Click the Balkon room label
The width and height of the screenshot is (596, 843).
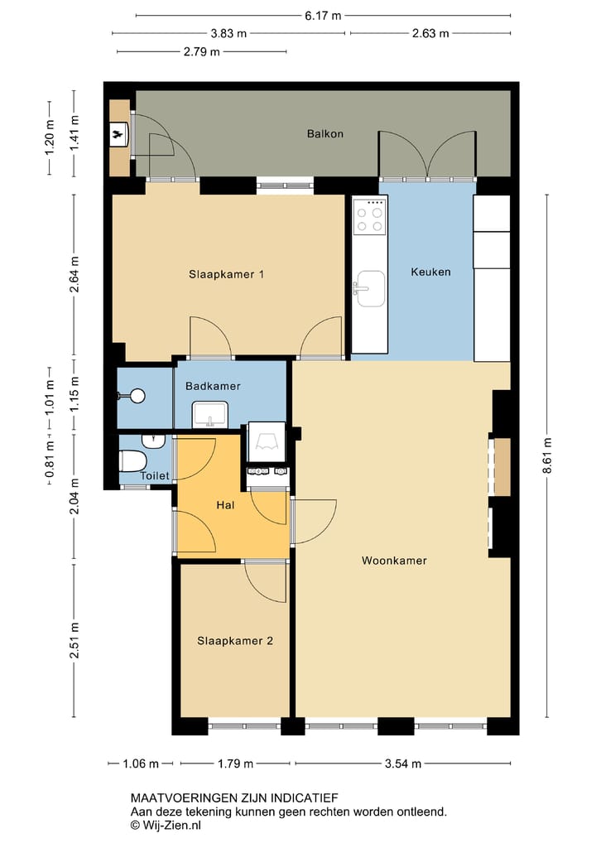324,134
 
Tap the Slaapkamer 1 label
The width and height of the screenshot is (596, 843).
226,274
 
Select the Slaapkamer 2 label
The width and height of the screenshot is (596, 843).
235,641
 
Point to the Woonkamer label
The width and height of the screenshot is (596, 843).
394,561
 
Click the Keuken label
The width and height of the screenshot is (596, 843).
430,272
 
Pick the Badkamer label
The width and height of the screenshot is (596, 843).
213,386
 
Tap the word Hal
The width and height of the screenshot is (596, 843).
225,505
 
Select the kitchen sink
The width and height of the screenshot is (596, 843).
369,289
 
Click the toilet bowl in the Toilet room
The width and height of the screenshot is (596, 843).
132,461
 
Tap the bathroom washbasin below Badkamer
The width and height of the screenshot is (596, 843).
209,415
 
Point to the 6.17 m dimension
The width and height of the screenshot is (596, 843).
323,16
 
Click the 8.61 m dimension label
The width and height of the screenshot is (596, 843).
547,455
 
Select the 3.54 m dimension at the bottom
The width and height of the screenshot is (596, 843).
403,764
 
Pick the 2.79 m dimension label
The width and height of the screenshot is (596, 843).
201,51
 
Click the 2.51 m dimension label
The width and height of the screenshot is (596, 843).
74,640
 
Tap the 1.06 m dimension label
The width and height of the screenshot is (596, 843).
141,764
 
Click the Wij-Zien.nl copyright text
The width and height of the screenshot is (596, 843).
166,826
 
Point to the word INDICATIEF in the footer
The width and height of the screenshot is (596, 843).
304,798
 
